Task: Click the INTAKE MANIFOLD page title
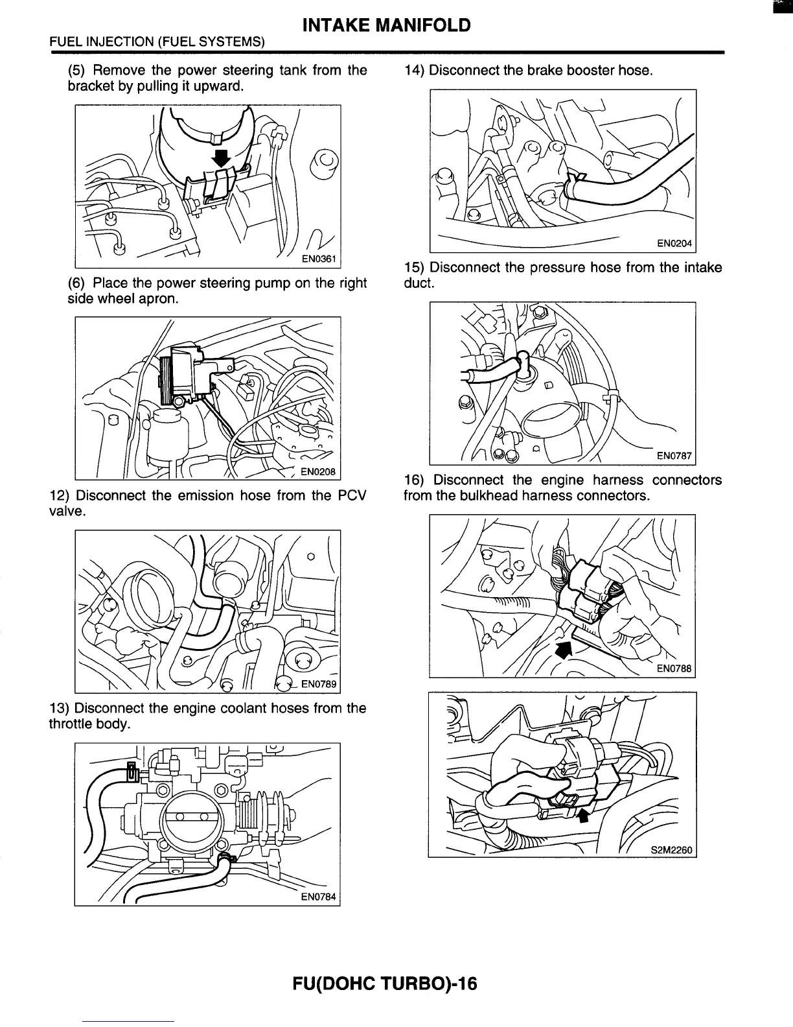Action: coord(387,25)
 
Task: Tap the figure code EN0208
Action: coord(318,472)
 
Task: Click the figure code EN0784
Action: coord(319,897)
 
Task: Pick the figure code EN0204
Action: coord(674,244)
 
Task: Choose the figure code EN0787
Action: coord(674,456)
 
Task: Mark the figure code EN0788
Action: coord(674,668)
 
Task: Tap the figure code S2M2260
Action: coord(672,849)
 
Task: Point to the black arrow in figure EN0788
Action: coord(564,649)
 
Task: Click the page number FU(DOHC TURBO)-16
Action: coord(385,984)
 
